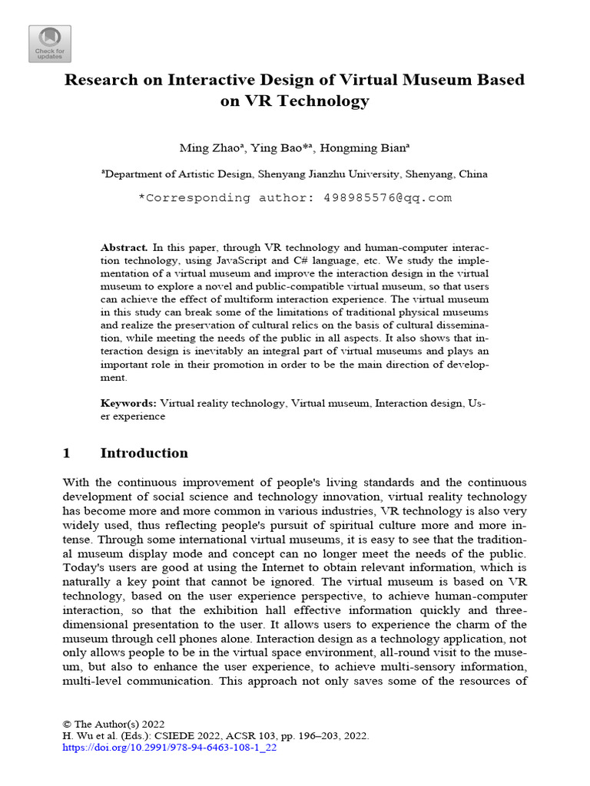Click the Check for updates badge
click(x=50, y=43)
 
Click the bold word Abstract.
click(x=124, y=248)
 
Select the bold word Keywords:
click(x=128, y=403)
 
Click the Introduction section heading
click(x=144, y=453)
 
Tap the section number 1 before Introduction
click(x=66, y=453)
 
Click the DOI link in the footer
click(x=169, y=747)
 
